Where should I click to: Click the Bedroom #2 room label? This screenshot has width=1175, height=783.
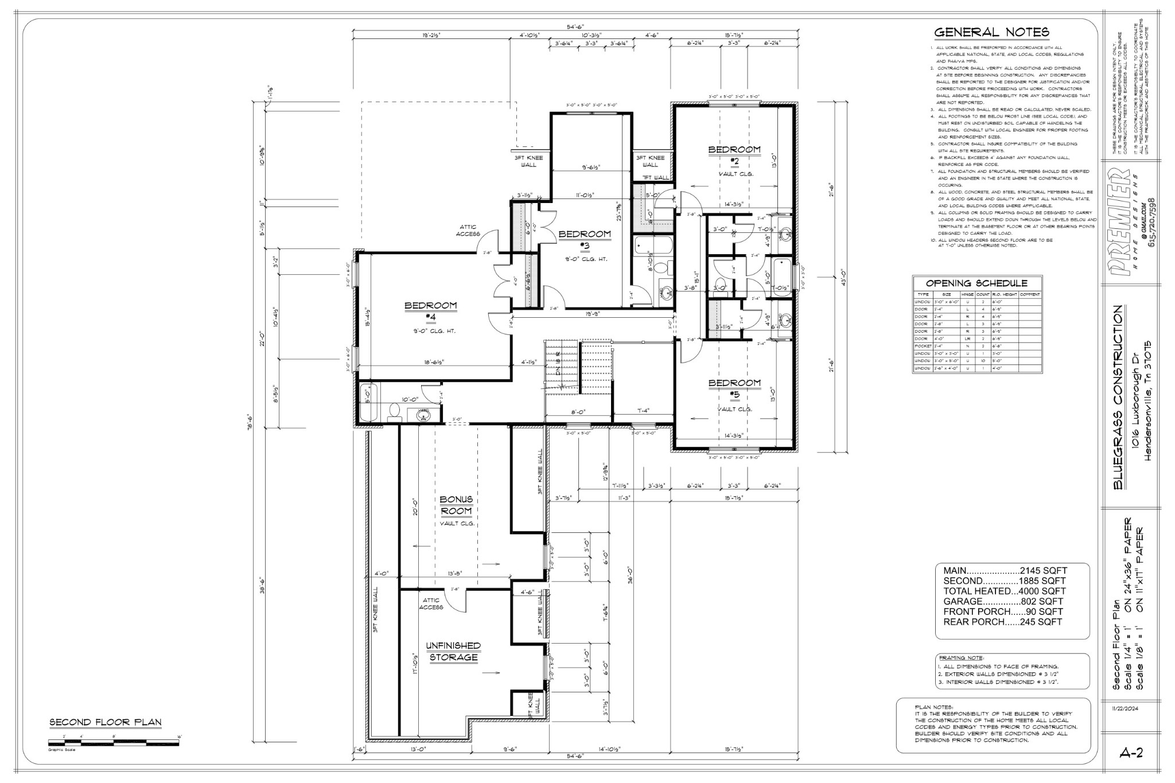pos(734,155)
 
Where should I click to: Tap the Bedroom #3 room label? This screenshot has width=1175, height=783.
pos(585,240)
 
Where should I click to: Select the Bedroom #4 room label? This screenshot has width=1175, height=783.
pos(431,311)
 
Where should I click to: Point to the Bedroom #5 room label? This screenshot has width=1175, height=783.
pos(734,388)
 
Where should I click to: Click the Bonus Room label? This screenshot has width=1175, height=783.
pos(456,505)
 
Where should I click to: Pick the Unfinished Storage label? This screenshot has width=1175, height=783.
pos(453,651)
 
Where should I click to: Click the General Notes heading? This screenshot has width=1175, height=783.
pos(992,32)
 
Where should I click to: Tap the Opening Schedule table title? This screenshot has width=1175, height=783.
pos(976,283)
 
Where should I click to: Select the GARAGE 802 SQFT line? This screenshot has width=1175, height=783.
pos(1003,602)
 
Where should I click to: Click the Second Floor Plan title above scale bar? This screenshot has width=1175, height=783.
pos(106,722)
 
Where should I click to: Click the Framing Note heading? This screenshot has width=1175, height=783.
pos(960,658)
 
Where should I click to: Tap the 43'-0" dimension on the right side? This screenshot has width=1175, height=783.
pos(843,274)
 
